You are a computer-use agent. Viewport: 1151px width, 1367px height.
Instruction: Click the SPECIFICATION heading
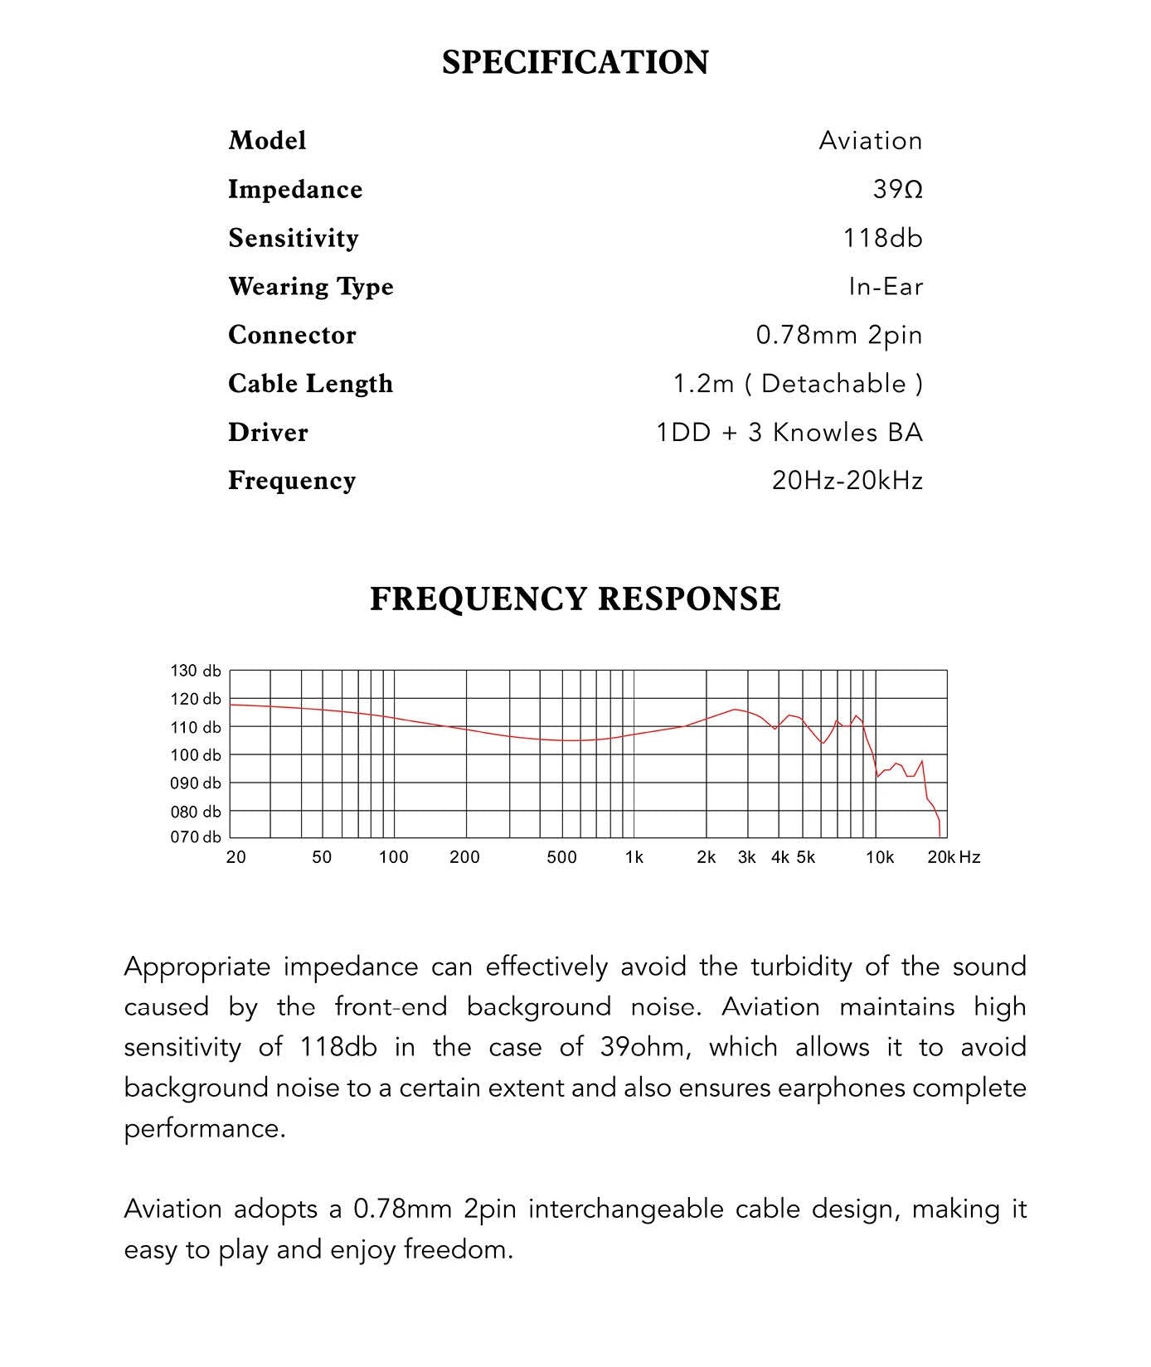(575, 63)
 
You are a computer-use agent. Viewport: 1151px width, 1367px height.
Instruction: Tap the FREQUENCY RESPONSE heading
(575, 599)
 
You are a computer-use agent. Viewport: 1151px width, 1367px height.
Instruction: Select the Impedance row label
(295, 190)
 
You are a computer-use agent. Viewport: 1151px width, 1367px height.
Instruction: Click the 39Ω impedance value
(897, 190)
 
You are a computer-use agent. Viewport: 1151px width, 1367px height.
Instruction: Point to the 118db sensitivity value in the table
(882, 239)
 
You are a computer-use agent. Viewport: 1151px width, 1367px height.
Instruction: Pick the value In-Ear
(885, 287)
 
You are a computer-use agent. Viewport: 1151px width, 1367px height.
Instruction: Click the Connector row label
(292, 335)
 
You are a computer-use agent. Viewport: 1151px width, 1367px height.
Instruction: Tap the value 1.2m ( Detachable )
(797, 384)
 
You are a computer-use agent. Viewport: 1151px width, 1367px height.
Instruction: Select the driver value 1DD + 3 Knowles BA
(789, 433)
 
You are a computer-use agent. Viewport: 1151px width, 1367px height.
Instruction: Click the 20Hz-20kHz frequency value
(847, 481)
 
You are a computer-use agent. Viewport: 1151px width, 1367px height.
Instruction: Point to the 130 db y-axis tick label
(196, 671)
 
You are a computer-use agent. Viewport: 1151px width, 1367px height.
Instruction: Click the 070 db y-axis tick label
(196, 837)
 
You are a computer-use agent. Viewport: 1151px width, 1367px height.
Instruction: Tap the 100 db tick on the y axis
(196, 755)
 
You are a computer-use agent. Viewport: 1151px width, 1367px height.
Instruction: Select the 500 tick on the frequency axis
(561, 857)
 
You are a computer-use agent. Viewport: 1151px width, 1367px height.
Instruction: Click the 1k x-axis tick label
(634, 857)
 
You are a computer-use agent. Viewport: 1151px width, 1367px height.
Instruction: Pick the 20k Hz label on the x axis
(954, 857)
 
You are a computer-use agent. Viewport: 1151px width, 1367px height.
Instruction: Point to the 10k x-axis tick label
(880, 857)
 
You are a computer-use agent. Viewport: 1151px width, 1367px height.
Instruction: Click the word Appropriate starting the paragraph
(196, 967)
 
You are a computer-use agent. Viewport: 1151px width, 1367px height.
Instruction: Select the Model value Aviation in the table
(870, 141)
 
